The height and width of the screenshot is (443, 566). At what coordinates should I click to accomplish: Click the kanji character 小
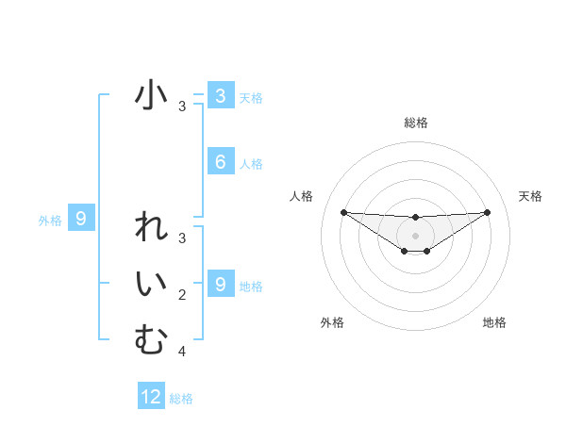[x=151, y=96]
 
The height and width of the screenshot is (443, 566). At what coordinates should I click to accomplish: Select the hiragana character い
[x=151, y=285]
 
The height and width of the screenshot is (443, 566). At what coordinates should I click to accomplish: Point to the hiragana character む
[x=151, y=339]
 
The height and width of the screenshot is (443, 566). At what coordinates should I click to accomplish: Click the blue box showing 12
[x=151, y=397]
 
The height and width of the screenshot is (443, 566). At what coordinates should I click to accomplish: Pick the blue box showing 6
[x=220, y=162]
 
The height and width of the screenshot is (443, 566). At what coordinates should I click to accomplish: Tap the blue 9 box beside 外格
[x=81, y=220]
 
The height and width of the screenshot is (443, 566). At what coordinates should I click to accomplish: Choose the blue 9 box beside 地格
[x=220, y=284]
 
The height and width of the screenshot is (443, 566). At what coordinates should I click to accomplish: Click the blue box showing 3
[x=220, y=95]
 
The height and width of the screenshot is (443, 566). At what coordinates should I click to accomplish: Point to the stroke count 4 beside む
[x=182, y=352]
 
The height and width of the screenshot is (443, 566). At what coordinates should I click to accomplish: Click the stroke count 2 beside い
[x=182, y=295]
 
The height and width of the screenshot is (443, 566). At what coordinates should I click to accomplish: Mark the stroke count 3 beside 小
[x=182, y=107]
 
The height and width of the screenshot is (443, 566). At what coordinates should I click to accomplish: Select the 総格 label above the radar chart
[x=415, y=123]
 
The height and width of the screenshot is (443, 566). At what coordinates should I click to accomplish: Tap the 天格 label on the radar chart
[x=530, y=196]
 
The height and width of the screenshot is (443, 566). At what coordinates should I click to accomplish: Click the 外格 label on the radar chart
[x=332, y=322]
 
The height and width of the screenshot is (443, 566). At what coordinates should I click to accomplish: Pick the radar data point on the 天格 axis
[x=487, y=212]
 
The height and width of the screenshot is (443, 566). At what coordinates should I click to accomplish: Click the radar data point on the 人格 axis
[x=343, y=212]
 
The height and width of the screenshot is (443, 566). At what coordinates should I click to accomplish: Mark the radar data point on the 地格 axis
[x=427, y=251]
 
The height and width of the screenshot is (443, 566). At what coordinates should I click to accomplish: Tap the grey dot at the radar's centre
[x=415, y=235]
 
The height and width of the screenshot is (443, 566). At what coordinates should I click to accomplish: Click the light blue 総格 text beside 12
[x=181, y=399]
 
